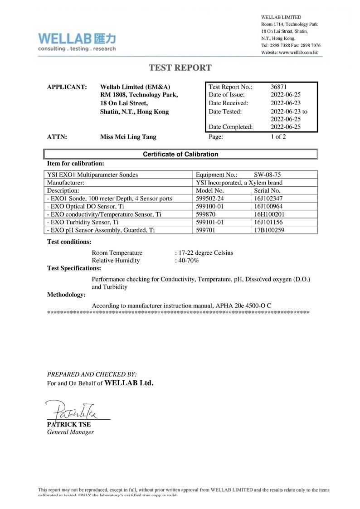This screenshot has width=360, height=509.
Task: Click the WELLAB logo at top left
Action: click(x=77, y=41)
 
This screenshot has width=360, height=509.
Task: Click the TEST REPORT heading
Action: click(x=180, y=68)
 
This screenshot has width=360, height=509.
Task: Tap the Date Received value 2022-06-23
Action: click(x=285, y=103)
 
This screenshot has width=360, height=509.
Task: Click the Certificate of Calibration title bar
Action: click(x=180, y=154)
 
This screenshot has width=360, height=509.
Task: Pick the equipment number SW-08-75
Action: click(x=269, y=175)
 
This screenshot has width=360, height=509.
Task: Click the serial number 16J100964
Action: click(x=269, y=206)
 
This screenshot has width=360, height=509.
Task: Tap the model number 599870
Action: click(x=205, y=214)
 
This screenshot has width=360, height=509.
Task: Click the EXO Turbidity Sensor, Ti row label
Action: click(x=83, y=222)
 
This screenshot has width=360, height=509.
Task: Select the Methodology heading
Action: click(x=66, y=295)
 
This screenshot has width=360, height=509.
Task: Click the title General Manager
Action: click(x=70, y=432)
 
